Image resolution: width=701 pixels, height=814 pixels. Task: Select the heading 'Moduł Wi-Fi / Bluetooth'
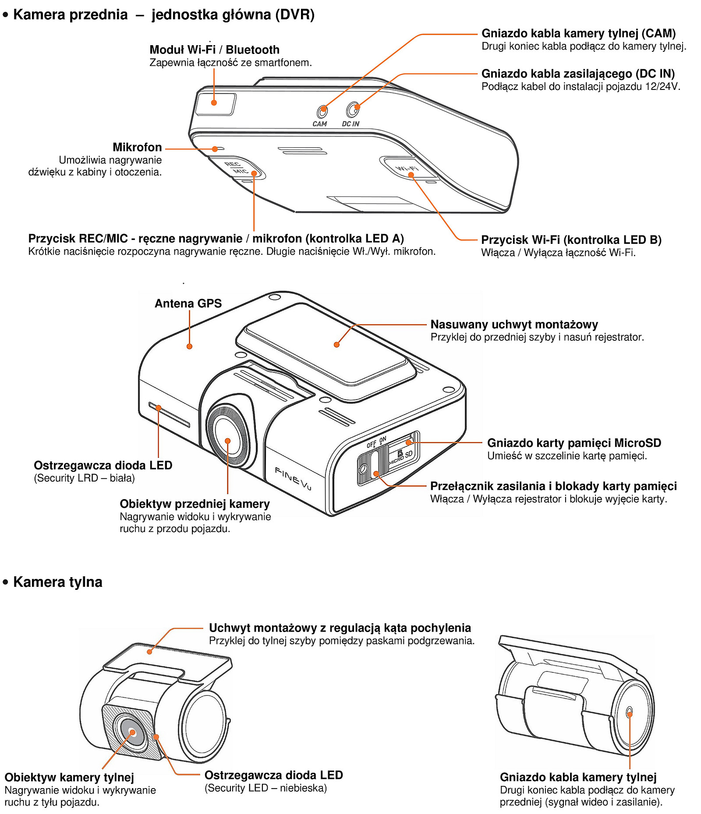coord(214,50)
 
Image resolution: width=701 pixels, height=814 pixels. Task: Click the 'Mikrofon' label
coord(137,147)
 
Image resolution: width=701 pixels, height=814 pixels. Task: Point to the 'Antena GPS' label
coord(188,303)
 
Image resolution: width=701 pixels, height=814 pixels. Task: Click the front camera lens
coord(228,441)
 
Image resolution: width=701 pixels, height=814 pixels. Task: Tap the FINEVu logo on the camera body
coord(293,478)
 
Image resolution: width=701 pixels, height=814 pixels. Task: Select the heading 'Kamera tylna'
coord(57,582)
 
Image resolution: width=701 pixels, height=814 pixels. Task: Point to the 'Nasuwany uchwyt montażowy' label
coord(514,325)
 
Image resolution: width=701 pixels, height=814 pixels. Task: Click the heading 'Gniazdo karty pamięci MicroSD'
coord(574,443)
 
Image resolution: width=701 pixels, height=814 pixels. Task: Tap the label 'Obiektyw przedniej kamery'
coord(195,504)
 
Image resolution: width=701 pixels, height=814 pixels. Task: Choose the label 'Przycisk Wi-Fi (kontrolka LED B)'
coord(571,240)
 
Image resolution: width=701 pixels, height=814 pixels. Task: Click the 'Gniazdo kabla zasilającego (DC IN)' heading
coord(578,74)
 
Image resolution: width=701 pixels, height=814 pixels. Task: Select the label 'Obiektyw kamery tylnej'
coord(69,778)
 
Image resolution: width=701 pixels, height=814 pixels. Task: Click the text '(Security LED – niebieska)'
coord(266,788)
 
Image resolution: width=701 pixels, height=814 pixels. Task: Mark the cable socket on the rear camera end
coord(629,713)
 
